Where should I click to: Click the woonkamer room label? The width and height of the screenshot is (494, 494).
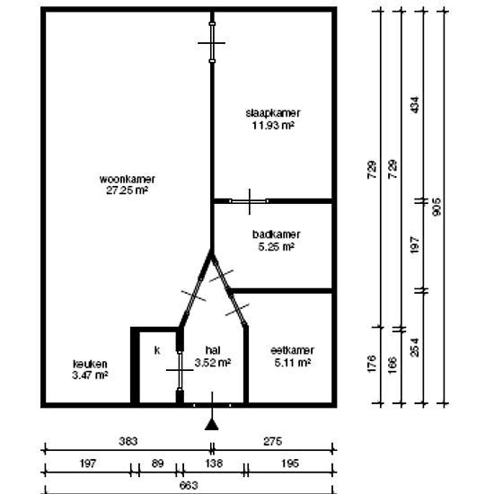127,179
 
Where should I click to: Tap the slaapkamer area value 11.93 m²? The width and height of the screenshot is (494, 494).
273,126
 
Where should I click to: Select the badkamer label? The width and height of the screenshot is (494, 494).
277,234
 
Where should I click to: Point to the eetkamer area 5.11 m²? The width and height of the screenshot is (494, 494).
293,363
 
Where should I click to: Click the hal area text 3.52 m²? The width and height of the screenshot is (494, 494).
213,363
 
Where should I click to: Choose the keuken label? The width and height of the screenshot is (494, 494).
90,364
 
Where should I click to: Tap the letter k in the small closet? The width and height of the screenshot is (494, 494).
157,350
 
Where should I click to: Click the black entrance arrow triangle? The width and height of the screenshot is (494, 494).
212,424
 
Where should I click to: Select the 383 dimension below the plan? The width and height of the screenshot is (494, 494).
128,441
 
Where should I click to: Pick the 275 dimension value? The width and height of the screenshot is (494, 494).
272,441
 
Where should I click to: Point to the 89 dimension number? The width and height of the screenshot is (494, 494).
157,463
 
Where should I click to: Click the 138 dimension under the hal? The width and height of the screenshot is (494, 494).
214,463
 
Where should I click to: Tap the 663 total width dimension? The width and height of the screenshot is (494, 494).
189,485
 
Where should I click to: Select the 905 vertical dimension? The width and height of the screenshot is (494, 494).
437,207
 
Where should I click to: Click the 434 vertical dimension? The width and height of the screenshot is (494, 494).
415,105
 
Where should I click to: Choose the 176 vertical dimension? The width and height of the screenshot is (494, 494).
372,364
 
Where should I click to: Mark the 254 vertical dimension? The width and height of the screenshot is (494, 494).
415,348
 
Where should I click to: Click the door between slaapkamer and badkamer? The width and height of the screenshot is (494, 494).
249,201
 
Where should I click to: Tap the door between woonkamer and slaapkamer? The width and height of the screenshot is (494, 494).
212,42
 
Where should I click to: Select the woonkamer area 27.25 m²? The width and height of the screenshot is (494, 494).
127,190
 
